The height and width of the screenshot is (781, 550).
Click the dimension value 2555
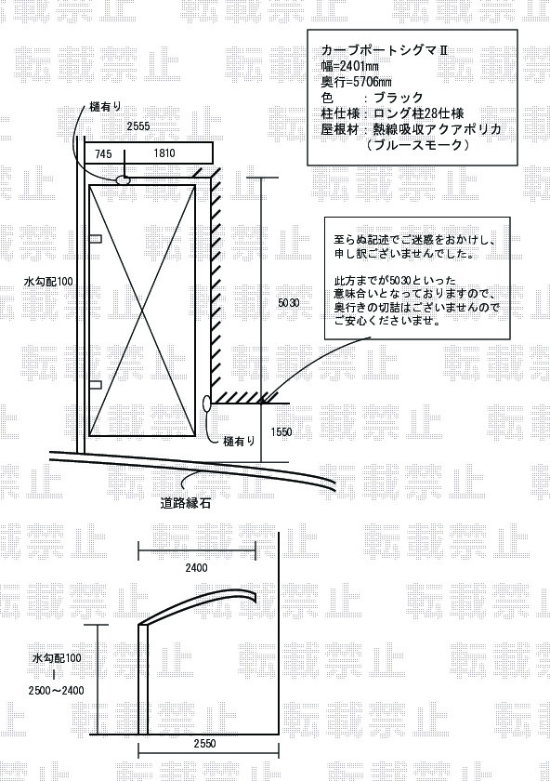(137, 126)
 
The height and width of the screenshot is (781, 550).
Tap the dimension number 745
(103, 154)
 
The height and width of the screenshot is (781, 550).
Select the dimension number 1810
(164, 152)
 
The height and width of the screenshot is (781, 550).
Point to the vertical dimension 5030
(289, 302)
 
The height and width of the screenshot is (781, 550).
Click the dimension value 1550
(282, 432)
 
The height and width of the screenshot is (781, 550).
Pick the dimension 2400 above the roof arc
(196, 568)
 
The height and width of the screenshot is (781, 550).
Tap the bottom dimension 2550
(204, 744)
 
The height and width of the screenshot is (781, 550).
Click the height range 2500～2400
(57, 690)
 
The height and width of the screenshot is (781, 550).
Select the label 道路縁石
(186, 503)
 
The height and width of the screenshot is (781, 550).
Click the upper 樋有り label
(106, 107)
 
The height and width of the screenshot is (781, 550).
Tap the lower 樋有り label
(240, 441)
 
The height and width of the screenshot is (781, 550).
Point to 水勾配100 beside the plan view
(48, 282)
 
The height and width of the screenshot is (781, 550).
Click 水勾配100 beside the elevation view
(57, 658)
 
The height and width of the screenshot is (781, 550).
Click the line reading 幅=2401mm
(350, 66)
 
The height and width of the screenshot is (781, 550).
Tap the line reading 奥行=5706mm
(357, 82)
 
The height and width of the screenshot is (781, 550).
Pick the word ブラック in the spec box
(399, 97)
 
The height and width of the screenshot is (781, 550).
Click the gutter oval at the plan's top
(123, 179)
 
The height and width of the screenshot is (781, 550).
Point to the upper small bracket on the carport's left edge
(96, 239)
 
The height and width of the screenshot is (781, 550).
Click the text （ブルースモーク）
(417, 145)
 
